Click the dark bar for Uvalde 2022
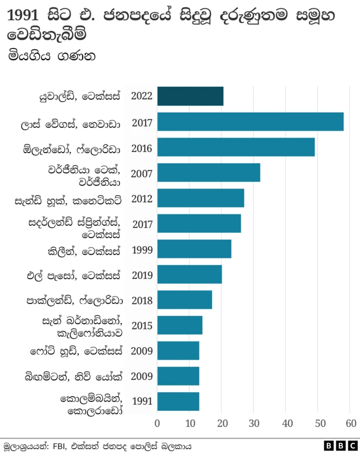click(190, 96)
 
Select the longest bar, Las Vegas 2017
click(250, 122)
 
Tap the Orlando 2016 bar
click(236, 147)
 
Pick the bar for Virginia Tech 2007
click(209, 173)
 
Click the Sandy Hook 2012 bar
click(201, 198)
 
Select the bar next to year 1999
click(194, 249)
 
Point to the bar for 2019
click(190, 275)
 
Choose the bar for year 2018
click(184, 300)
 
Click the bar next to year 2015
click(179, 325)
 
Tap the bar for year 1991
click(178, 401)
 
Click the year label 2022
click(142, 96)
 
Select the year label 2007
click(142, 173)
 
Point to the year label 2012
click(142, 199)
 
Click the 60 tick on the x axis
click(351, 423)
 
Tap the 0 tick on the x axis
click(157, 423)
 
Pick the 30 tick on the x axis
click(254, 423)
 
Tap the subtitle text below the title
click(51, 56)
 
